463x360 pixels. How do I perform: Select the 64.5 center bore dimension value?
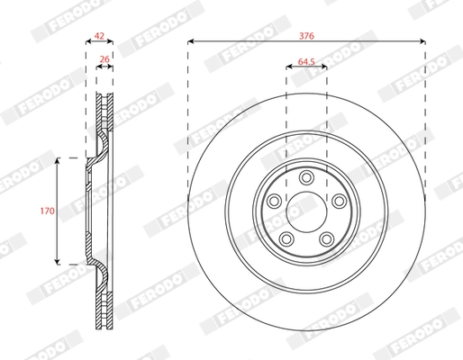[x=305, y=64]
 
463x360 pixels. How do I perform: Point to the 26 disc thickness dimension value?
[x=104, y=61]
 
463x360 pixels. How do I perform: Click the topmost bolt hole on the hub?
[x=305, y=176]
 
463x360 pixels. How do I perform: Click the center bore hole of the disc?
[x=305, y=211]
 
